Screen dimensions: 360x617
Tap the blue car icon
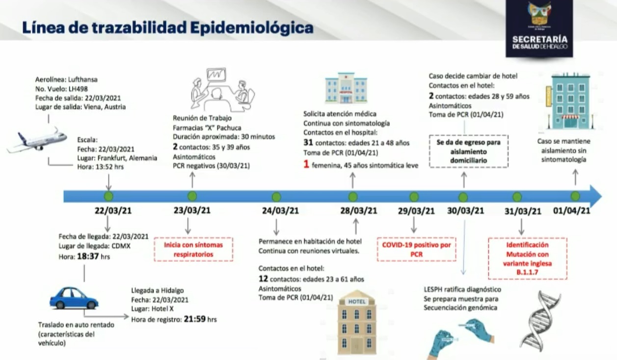coord(74,298)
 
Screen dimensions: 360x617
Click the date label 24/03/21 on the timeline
coord(280,211)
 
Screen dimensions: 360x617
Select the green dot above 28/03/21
coord(353,196)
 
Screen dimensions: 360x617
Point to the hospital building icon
coord(346,88)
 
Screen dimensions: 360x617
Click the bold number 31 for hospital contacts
coord(308,143)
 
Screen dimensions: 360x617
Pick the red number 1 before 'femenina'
coord(306,165)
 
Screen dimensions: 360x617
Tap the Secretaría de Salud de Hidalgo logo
coord(539,28)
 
